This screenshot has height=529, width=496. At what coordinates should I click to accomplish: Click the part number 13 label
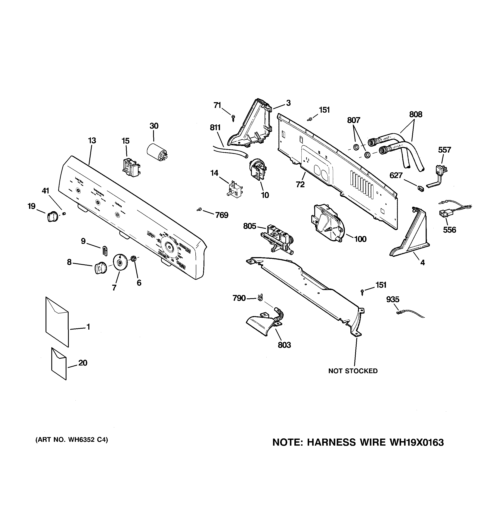click(92, 140)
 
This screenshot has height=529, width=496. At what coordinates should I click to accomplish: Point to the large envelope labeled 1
click(57, 322)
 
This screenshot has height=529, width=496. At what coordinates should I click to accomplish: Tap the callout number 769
click(221, 215)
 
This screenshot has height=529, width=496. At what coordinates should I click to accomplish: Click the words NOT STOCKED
click(353, 371)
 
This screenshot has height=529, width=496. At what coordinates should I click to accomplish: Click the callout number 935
click(393, 300)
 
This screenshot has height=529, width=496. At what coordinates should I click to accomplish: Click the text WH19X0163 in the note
click(417, 442)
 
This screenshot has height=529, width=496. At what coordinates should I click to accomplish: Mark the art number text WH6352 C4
click(87, 440)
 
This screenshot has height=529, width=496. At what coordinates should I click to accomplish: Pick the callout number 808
click(416, 114)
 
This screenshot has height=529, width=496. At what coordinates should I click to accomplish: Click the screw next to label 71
click(233, 117)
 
